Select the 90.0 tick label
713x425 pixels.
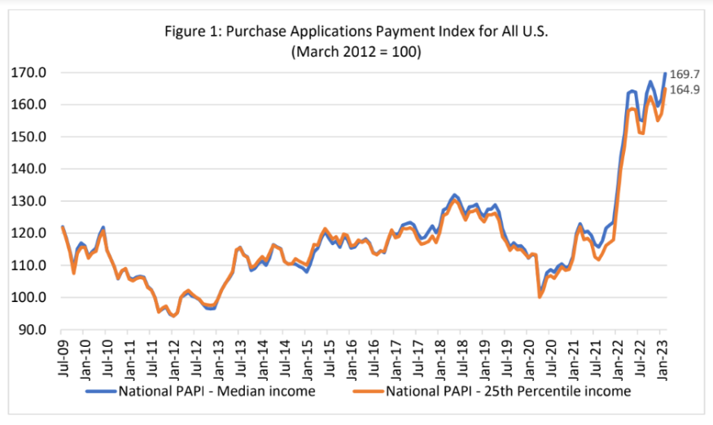33,330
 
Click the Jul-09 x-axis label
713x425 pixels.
63,355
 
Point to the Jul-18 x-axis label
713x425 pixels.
463,355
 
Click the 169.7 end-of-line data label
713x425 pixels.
684,73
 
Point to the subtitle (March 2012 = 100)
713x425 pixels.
356,50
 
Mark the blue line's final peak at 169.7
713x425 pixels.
666,73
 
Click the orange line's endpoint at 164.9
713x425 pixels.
666,89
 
